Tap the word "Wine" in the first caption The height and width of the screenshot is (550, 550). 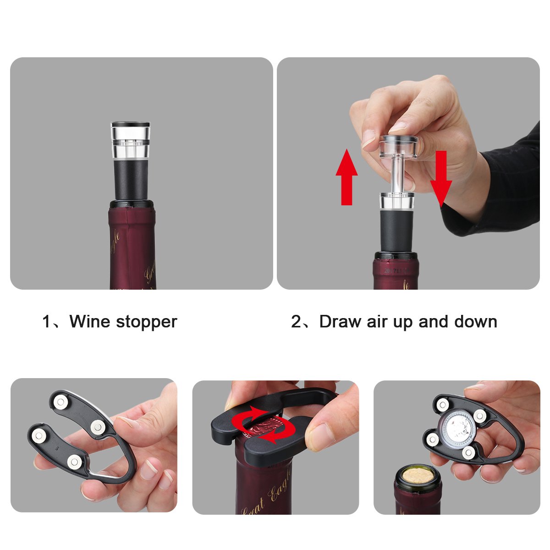pos(90,322)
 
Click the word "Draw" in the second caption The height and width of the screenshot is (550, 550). pos(340,322)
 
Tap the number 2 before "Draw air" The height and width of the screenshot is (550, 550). pos(296,322)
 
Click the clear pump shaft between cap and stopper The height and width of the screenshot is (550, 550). pos(397,176)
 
